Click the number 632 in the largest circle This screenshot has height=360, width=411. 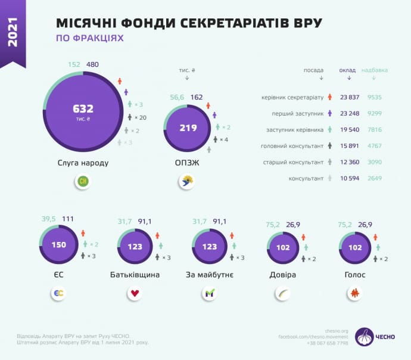(83, 108)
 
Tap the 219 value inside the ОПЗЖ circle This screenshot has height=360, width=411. (188, 128)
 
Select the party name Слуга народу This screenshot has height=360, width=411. (83, 162)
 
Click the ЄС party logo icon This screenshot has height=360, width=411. (59, 293)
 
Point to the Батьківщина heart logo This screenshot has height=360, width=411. (135, 293)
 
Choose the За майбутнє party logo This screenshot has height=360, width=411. (209, 293)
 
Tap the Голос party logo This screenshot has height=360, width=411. (355, 293)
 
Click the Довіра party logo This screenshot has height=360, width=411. (282, 293)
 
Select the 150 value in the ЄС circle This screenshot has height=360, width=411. (59, 245)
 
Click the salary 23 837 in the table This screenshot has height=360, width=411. (350, 97)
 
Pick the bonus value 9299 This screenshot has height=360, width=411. (375, 113)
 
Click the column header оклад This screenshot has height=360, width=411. (348, 70)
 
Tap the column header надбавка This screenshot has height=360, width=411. (375, 70)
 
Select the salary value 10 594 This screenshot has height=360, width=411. (350, 178)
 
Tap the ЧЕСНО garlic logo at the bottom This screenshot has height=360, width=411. (365, 337)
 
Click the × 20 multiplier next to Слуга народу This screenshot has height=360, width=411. (140, 117)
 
